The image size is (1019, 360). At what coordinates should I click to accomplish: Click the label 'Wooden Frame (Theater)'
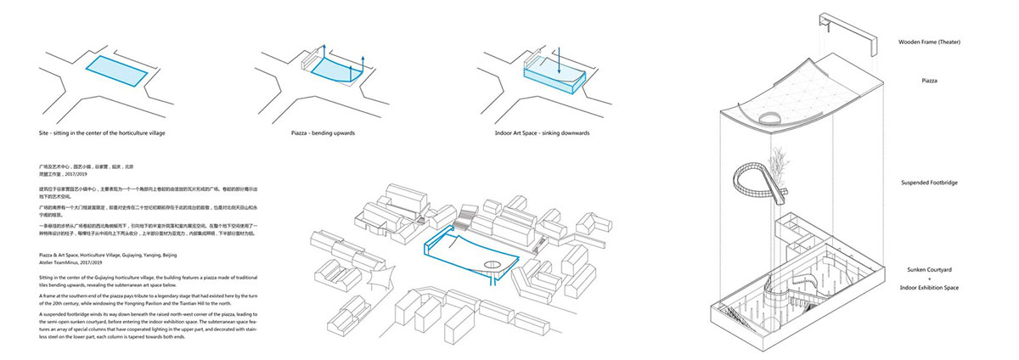(x=940, y=42)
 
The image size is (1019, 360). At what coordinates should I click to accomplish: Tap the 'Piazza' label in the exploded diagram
(x=940, y=82)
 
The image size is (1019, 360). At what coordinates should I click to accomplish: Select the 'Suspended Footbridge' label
(x=940, y=183)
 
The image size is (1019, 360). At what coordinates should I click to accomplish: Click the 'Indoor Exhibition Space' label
(x=940, y=288)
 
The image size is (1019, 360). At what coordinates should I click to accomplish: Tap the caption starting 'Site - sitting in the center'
(x=107, y=135)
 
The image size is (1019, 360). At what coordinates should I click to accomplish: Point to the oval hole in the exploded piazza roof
(x=770, y=119)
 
